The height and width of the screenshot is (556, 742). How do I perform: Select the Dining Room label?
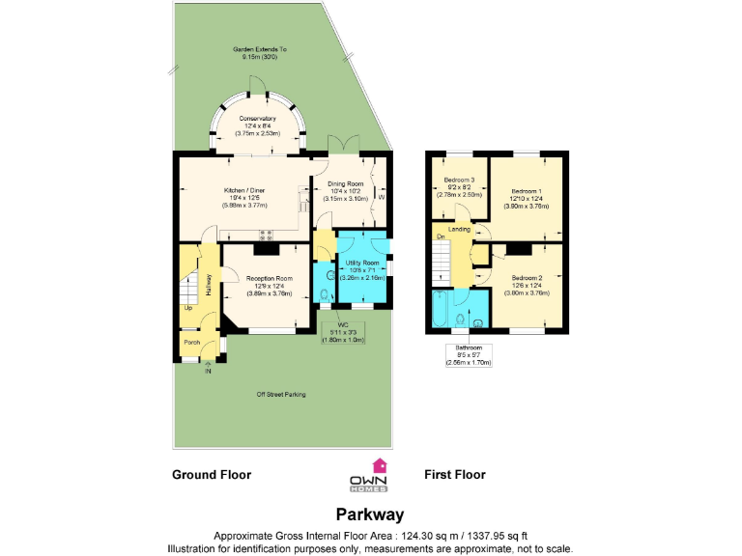345,183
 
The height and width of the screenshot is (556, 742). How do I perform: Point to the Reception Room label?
271,278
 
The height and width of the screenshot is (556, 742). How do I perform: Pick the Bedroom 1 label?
527,191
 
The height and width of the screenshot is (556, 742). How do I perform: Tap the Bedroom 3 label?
460,181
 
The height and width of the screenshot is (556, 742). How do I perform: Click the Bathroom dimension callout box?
469,354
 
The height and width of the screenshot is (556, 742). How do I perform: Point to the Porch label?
192,341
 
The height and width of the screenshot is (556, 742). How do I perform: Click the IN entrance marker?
208,370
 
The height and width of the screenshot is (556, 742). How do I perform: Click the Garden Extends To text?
259,49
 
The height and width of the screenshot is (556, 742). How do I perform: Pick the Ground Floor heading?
212,475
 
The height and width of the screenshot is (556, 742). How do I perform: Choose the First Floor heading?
454,475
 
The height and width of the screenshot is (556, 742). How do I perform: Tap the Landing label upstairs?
460,229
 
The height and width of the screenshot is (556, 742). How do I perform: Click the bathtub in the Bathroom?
440,312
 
